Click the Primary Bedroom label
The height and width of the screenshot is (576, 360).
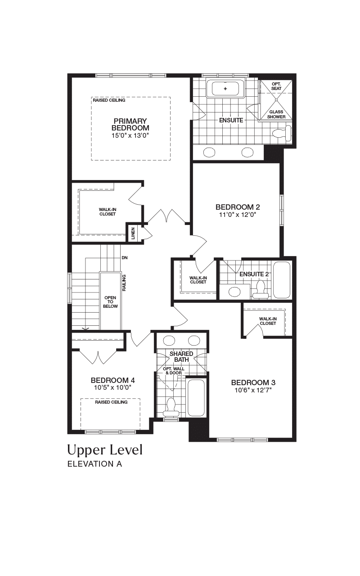[130, 125]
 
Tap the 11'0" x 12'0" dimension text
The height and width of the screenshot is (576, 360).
[238, 215]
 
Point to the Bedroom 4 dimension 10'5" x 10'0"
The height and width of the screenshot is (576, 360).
[113, 387]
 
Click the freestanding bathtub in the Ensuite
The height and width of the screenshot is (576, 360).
[225, 89]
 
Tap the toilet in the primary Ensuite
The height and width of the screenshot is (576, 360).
[282, 133]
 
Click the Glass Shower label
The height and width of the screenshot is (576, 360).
[276, 114]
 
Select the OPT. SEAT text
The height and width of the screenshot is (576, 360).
[276, 86]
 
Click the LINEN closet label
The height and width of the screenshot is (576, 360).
[133, 233]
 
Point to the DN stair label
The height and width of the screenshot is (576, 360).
[125, 258]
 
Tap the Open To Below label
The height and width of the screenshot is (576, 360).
[110, 302]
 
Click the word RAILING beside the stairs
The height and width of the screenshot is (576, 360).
[124, 283]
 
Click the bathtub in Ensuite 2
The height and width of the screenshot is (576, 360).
[282, 280]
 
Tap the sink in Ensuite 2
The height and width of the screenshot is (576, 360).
[234, 292]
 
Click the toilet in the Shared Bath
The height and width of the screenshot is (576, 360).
[171, 408]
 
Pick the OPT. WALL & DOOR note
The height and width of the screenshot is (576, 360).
[174, 371]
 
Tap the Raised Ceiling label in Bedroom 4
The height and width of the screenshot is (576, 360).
[111, 402]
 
